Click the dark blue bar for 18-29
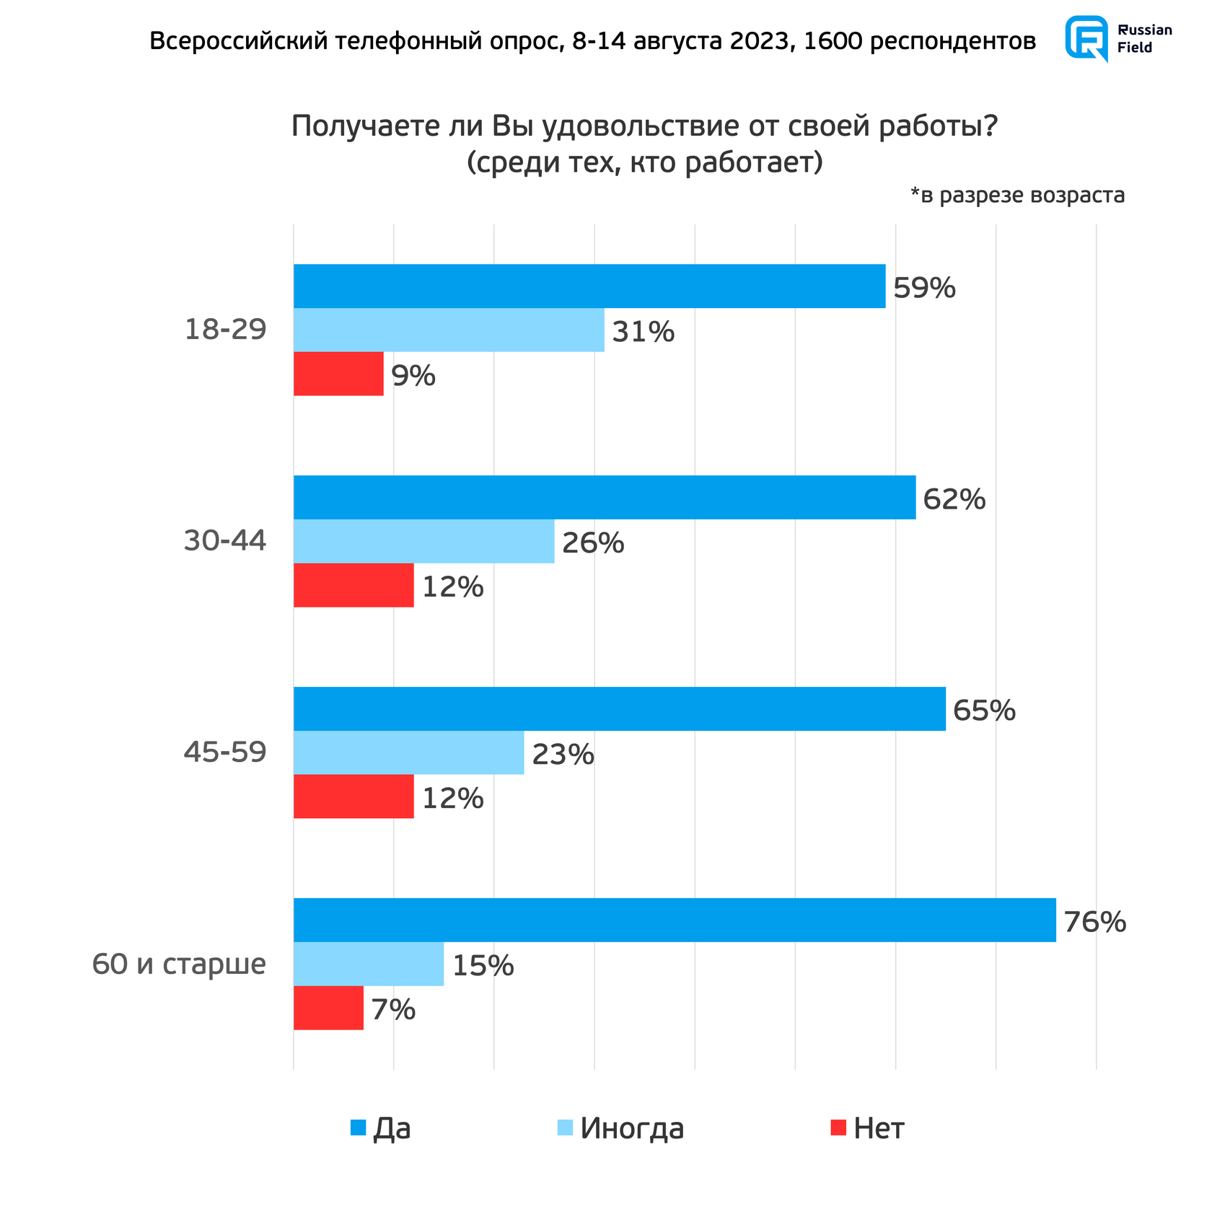coord(589,286)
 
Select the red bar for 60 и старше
coord(328,1008)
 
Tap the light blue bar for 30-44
coord(423,541)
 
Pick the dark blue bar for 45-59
coord(619,709)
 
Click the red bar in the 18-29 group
coord(338,374)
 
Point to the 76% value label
coord(1094,922)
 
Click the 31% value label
coord(643,332)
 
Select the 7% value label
coord(393,1009)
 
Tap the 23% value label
coord(563,755)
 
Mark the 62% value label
coord(954,499)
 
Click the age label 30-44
coord(225,541)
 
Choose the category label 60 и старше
coord(179,964)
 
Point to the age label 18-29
coord(226,330)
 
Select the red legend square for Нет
coord(838,1128)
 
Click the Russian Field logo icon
coord(1086,38)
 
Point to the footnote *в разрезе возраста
coord(1017,195)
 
